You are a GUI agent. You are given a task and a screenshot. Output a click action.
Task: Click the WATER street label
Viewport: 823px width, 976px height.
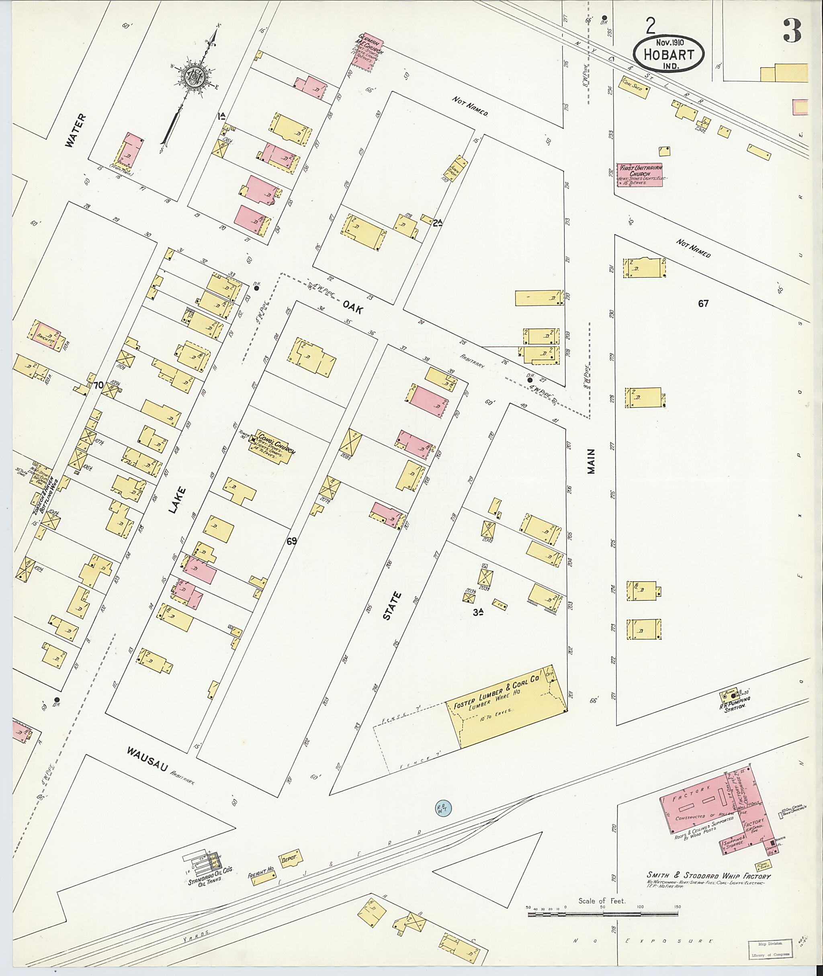coord(76,131)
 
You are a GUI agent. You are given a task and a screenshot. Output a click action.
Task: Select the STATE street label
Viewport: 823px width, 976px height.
coord(392,606)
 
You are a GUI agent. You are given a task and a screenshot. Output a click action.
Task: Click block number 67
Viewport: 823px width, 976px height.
coord(703,304)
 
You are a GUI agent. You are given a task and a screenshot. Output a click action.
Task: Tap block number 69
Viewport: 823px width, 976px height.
coord(292,541)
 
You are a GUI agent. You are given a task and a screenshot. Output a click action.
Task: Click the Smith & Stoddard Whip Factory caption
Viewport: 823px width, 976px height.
coord(708,877)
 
